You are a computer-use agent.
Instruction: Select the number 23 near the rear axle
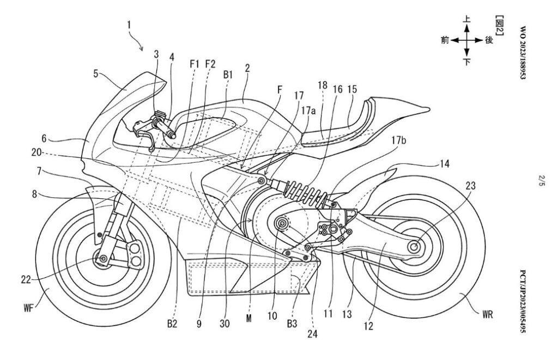[470, 186]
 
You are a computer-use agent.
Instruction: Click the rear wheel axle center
[414, 246]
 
